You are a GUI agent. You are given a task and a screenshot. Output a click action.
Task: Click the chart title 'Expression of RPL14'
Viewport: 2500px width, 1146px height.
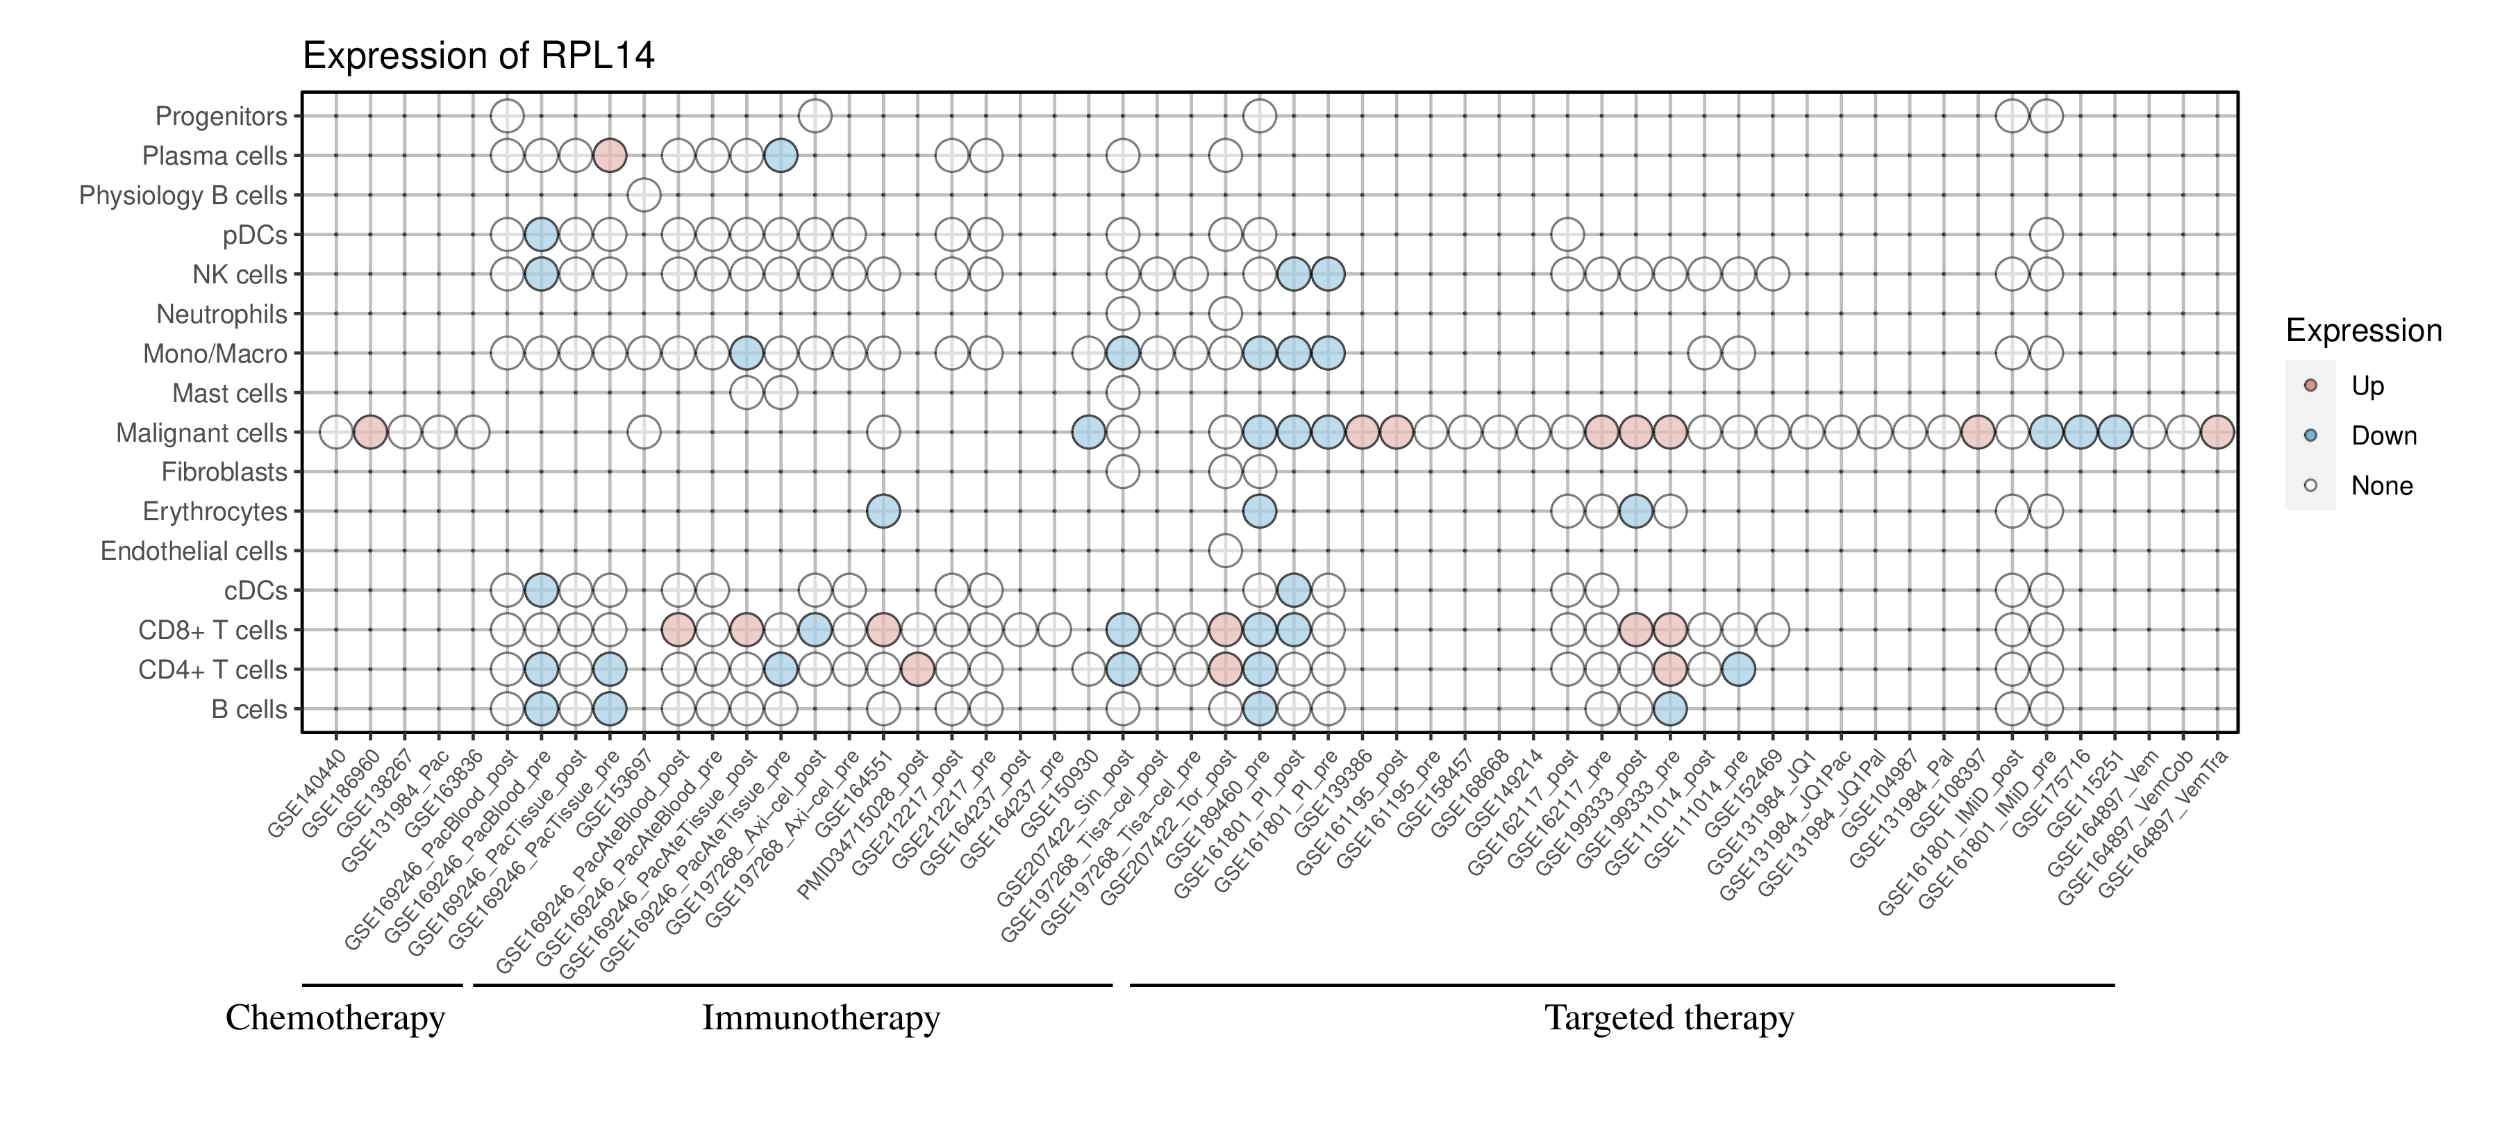point(478,56)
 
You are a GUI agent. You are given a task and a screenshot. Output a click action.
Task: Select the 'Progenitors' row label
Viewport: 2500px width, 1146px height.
point(222,117)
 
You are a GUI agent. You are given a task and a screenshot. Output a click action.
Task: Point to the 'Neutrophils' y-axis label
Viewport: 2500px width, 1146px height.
point(222,315)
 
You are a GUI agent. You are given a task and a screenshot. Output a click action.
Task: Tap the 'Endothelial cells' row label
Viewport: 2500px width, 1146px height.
point(194,551)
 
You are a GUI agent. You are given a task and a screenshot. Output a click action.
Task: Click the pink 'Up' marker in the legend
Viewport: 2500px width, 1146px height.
point(2310,385)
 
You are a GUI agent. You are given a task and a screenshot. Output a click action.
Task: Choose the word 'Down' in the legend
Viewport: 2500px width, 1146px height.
point(2383,435)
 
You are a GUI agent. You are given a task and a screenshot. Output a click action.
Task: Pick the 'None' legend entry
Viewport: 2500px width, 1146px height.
point(2382,486)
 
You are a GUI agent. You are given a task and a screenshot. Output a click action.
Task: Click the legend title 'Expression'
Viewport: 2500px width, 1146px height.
point(2363,331)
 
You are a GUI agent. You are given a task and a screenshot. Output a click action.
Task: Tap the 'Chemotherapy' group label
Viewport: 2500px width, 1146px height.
point(335,1018)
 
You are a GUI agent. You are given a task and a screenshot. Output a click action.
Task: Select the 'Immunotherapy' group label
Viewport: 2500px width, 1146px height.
point(821,1018)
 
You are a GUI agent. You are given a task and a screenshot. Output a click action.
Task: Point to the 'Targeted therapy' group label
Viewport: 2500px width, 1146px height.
point(1669,1018)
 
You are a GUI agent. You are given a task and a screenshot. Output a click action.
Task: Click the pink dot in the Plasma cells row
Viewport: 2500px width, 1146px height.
point(610,156)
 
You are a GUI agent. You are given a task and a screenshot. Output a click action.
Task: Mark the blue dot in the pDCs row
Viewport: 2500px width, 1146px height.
point(540,235)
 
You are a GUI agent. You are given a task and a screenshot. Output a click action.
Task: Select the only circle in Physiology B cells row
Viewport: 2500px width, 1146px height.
point(644,195)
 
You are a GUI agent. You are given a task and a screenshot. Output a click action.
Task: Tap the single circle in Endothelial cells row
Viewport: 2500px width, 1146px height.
point(1225,551)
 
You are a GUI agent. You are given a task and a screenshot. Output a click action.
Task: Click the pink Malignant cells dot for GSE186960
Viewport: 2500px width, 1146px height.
point(369,433)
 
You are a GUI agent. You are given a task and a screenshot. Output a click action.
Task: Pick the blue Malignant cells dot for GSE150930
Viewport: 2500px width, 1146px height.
point(1088,433)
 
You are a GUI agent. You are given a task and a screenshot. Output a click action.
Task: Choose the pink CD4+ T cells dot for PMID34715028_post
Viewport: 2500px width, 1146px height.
point(917,670)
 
